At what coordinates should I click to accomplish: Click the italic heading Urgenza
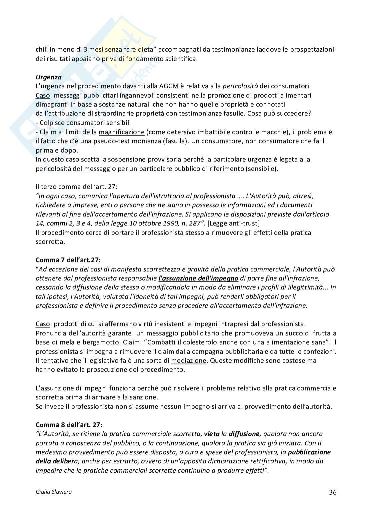click(x=49, y=77)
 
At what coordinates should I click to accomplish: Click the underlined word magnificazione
click(x=122, y=132)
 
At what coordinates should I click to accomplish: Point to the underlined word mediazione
click(x=189, y=360)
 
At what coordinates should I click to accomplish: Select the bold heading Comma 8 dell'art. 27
click(x=69, y=425)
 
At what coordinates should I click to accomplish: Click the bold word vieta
click(x=211, y=434)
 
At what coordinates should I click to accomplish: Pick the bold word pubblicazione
click(x=309, y=452)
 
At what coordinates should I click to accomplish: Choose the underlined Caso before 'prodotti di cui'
click(x=42, y=324)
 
